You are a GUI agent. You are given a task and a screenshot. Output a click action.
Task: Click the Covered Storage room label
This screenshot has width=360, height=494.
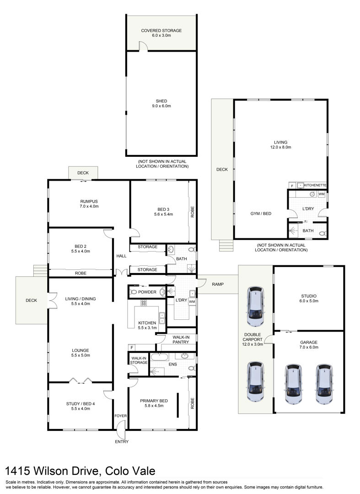click(161, 33)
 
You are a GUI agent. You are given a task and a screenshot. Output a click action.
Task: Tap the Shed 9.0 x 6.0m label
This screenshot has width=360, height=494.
click(161, 103)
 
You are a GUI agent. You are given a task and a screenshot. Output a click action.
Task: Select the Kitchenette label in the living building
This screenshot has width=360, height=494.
click(315, 185)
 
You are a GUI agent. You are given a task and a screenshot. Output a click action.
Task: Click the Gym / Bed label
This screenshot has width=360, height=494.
click(261, 214)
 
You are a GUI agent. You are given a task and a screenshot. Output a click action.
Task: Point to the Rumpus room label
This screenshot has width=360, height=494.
click(89, 204)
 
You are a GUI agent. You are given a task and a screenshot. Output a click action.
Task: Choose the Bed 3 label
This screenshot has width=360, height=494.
click(163, 212)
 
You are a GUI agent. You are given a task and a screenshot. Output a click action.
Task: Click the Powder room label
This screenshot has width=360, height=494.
click(147, 292)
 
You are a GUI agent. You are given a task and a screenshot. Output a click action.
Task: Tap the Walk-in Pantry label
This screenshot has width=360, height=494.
click(181, 339)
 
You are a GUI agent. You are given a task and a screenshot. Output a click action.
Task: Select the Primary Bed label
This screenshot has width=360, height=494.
click(154, 403)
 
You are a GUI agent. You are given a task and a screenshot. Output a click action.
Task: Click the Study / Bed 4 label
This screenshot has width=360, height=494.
click(81, 406)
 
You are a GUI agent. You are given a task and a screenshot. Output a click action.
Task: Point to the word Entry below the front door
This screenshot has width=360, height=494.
click(122, 442)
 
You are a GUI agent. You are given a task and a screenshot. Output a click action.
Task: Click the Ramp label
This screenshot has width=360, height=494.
click(218, 284)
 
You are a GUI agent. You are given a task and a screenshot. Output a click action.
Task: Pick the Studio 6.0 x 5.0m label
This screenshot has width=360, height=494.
click(309, 298)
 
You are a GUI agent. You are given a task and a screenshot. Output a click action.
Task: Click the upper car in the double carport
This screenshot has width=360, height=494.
click(255, 306)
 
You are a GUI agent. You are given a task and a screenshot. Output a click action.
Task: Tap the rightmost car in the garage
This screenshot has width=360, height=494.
click(324, 384)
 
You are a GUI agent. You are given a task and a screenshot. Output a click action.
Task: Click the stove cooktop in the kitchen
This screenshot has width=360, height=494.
click(144, 303)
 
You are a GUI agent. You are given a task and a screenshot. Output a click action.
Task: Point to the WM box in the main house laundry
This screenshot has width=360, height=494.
click(192, 301)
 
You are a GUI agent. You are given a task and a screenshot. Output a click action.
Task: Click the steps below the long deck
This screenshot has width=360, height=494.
click(226, 246)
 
